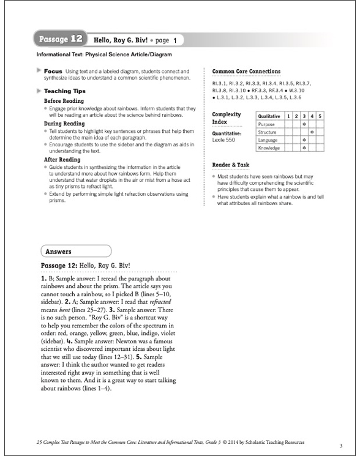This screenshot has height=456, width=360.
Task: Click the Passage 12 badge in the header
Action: point(61,40)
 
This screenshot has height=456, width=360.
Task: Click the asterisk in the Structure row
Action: point(312,132)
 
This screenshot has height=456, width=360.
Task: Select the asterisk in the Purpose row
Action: point(304,124)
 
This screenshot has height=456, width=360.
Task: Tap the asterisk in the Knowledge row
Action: point(304,148)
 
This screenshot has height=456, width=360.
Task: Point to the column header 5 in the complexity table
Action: point(319,116)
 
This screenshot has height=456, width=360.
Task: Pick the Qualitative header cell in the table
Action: point(270,116)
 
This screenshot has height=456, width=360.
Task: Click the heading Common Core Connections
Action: point(246,72)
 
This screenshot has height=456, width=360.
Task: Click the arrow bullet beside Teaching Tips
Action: point(39,90)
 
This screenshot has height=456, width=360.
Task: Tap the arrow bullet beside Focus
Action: point(39,71)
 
